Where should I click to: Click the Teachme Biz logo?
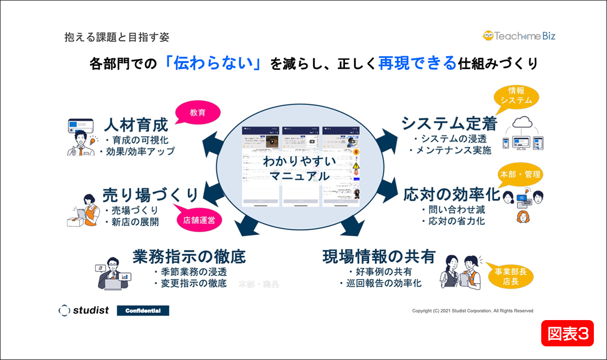[x=519, y=36]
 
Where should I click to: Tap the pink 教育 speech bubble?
[x=197, y=112]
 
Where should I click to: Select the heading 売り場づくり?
[x=150, y=194]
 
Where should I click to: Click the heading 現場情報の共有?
[x=379, y=256]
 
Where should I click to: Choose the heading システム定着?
[x=449, y=123]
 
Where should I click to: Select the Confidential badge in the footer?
[x=143, y=310]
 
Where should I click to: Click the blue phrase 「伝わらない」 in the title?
[x=212, y=64]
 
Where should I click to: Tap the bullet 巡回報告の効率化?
[x=380, y=284]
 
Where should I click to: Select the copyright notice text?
[x=472, y=310]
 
